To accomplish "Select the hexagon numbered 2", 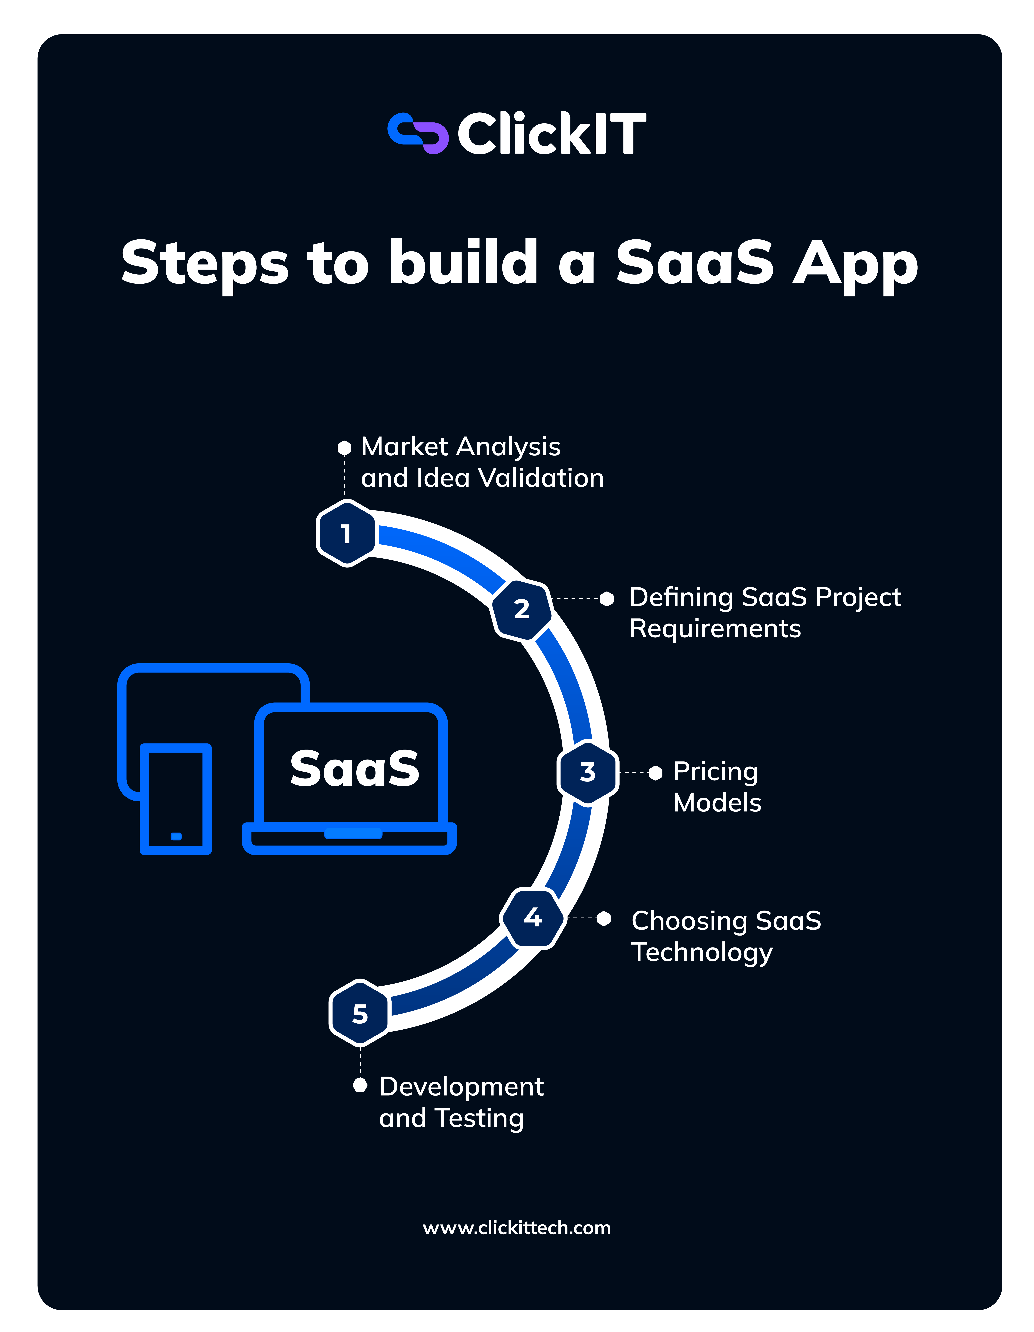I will (522, 609).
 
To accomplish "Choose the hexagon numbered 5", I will (360, 1014).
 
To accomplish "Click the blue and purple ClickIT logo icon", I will (418, 133).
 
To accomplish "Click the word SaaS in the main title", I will (694, 262).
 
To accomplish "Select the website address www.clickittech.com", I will (517, 1228).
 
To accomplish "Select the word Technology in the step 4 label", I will (702, 952).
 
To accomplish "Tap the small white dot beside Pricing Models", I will (656, 773).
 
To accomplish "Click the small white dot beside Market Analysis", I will (345, 448).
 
